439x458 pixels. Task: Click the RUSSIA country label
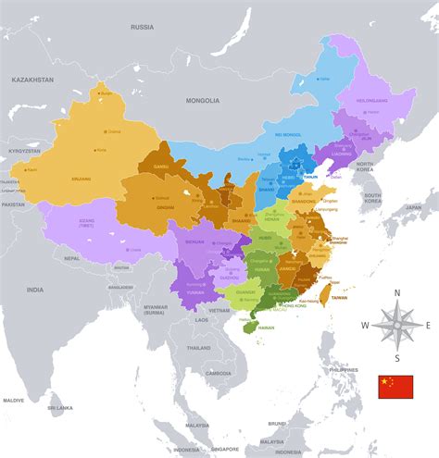point(142,27)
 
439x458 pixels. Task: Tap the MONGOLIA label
point(204,100)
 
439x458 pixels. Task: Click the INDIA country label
point(35,290)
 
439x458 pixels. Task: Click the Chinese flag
point(395,387)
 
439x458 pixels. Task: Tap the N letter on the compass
point(397,293)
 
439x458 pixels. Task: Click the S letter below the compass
point(396,358)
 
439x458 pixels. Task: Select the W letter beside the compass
point(365,325)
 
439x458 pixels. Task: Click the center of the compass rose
point(396,325)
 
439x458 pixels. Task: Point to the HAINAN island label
point(266,328)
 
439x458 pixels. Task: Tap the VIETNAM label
point(219,311)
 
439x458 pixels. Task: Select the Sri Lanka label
point(61,407)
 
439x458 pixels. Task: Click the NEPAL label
point(71,260)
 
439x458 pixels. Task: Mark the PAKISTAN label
point(12,204)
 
